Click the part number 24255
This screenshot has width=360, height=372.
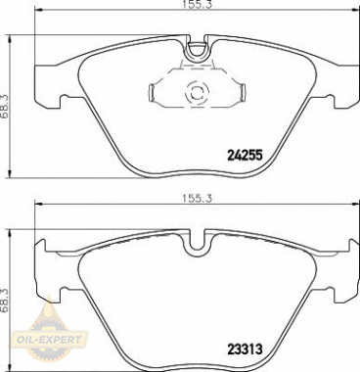pos(245,156)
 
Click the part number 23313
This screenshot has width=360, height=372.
pos(245,350)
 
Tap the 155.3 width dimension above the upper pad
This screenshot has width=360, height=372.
pos(194,4)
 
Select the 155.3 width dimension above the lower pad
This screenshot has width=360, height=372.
pos(194,199)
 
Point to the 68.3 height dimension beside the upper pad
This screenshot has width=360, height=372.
pos(5,106)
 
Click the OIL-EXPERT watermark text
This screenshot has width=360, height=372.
pos(50,340)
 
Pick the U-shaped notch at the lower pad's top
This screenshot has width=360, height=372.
pos(197,243)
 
